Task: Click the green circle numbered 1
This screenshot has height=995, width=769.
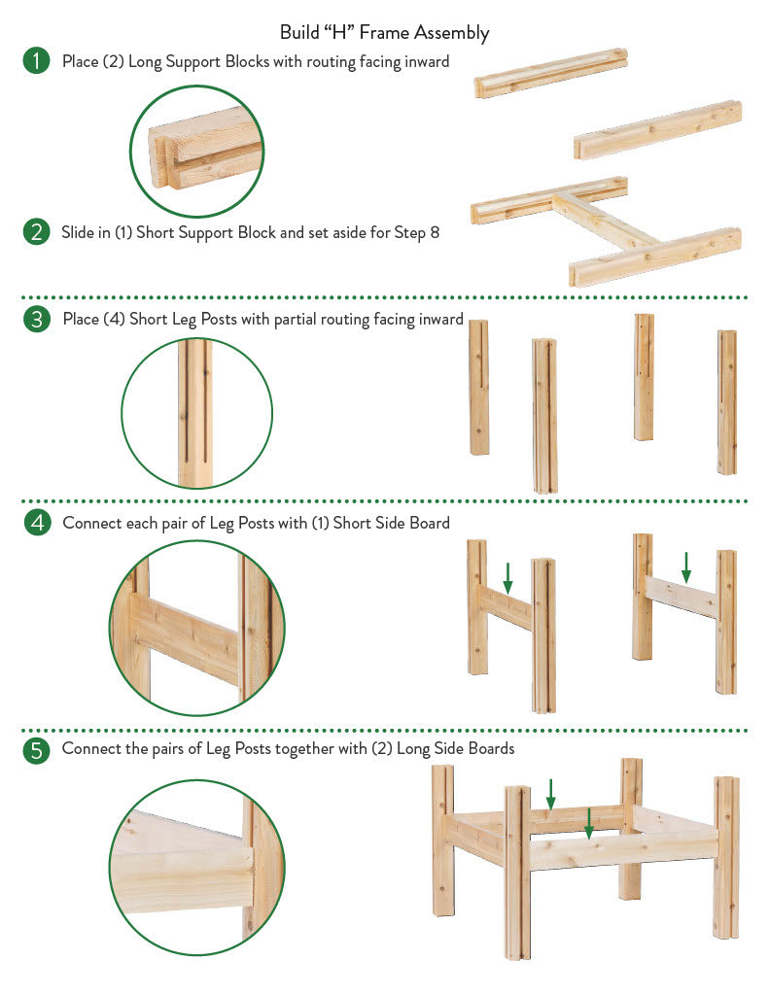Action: click(36, 61)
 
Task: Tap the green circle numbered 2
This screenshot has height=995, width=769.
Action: click(36, 231)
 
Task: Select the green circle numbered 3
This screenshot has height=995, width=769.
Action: click(36, 319)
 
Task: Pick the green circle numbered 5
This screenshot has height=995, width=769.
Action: click(36, 750)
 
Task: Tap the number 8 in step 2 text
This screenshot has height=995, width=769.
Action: click(435, 232)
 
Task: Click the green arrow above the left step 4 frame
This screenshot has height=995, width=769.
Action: click(507, 577)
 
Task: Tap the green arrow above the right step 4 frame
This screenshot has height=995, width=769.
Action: click(685, 567)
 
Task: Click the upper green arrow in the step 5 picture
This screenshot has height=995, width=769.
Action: click(550, 794)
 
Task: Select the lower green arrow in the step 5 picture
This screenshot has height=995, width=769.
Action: click(588, 823)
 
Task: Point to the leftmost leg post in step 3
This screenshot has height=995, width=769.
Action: click(478, 387)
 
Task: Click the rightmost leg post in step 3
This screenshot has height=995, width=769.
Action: click(727, 401)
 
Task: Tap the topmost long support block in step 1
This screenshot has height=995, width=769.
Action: click(551, 72)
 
